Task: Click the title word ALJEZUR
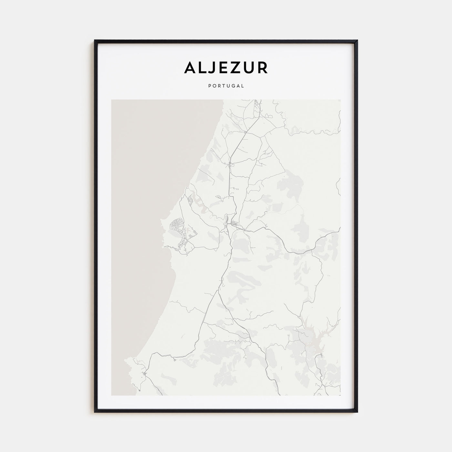(226, 68)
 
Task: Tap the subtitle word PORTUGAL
(226, 86)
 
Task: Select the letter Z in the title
(236, 68)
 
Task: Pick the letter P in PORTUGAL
(210, 86)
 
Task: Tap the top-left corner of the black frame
(95, 41)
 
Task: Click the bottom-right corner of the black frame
(357, 412)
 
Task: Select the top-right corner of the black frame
(357, 41)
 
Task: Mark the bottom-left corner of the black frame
(95, 412)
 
